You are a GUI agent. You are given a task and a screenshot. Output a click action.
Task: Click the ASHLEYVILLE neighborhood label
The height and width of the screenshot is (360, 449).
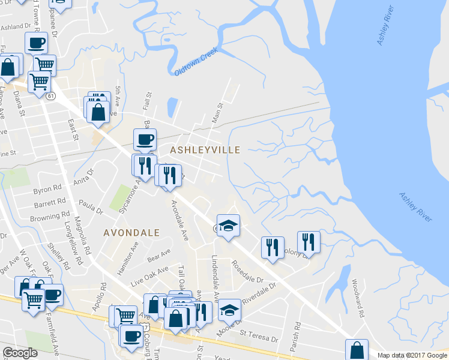pos(205,149)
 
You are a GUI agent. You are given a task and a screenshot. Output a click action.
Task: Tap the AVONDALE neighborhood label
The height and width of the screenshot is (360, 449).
pos(131,232)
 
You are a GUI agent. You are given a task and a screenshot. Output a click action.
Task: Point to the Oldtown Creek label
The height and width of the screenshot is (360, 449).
pos(194,63)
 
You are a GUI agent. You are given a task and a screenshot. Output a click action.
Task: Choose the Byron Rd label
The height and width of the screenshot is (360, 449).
pos(47,190)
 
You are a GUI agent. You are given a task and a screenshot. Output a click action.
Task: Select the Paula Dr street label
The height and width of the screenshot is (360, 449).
pos(91,208)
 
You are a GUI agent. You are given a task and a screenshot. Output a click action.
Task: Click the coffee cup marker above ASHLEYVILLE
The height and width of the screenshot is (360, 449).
pos(145,139)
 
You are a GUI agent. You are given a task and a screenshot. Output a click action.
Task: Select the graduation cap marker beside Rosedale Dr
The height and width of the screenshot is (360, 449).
pos(228,226)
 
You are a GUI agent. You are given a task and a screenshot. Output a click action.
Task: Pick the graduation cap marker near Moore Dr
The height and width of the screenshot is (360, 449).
pos(229,310)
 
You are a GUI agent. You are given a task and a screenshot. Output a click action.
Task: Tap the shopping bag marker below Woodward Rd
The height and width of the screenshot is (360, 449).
pos(357,350)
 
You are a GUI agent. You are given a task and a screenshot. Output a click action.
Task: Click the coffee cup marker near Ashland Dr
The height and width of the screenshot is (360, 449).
pos(35,43)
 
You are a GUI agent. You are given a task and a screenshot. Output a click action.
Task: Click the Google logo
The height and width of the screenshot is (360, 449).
pos(20,353)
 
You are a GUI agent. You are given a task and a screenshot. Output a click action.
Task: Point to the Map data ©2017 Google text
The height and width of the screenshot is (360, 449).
pos(412,355)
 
